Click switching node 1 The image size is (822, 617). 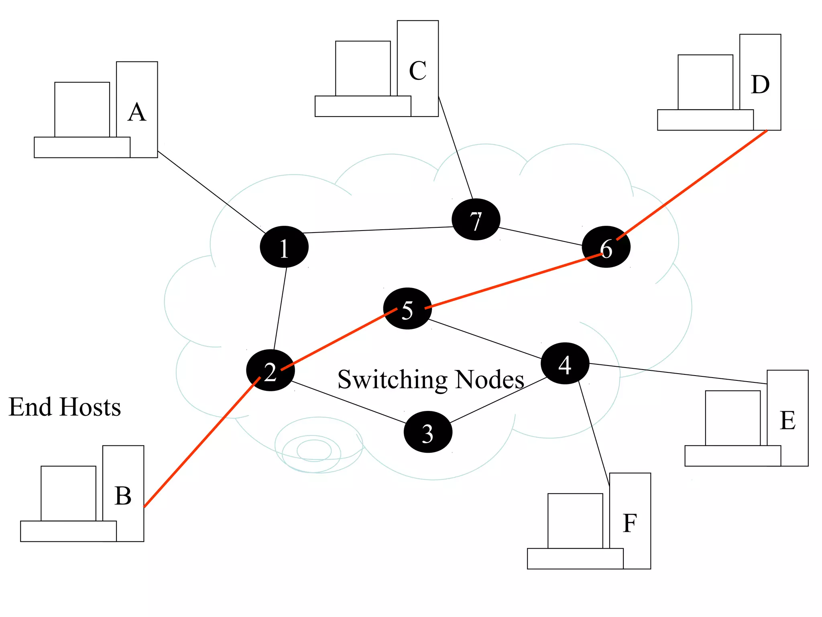[x=284, y=247]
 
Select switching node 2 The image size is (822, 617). [x=271, y=370]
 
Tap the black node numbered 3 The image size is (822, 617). [x=428, y=432]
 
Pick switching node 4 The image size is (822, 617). [x=565, y=364]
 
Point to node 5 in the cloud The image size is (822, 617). [x=407, y=308]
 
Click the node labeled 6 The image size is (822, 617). [x=606, y=247]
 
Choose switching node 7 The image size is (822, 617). [x=476, y=219]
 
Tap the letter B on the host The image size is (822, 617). [x=123, y=496]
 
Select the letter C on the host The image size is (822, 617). [x=417, y=71]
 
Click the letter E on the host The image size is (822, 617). [x=787, y=421]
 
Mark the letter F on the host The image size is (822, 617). [x=630, y=523]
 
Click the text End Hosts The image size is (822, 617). [x=65, y=407]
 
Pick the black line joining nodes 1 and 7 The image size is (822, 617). [x=377, y=230]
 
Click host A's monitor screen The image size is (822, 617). [x=82, y=109]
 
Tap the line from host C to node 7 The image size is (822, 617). [x=456, y=147]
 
